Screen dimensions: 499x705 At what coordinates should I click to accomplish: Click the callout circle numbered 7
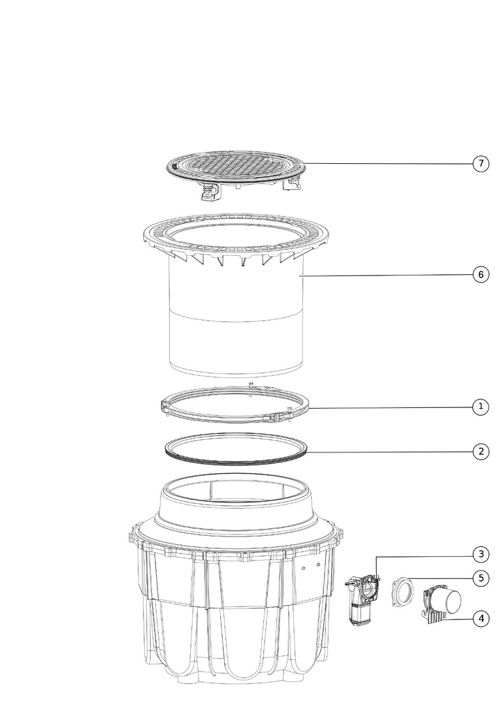(481, 163)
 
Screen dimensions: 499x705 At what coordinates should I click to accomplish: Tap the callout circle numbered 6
(481, 274)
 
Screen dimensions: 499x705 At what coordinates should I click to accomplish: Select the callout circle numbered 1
(481, 407)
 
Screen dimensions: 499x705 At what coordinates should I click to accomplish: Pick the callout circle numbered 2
(481, 452)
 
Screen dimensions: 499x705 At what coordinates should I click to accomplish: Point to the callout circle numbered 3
(481, 554)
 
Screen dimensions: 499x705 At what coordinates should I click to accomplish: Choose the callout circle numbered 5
(481, 578)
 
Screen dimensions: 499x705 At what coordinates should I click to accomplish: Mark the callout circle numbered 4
(481, 619)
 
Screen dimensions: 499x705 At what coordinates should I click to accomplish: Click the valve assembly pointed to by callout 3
(362, 601)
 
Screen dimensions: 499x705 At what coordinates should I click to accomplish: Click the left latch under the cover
(210, 192)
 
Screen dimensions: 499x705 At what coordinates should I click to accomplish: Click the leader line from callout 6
(387, 275)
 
